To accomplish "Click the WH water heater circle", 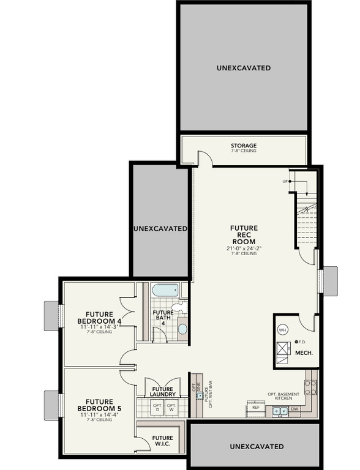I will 282,330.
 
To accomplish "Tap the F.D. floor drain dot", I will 297,341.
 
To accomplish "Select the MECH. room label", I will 304,353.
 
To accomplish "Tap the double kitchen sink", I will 279,410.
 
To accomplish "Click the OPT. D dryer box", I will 157,407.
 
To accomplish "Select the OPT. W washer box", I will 171,407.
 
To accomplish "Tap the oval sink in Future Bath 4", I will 182,329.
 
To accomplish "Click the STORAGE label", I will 244,146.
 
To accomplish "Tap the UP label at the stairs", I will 285,181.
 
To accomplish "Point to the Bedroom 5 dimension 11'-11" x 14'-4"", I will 99,415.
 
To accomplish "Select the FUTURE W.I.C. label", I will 162,441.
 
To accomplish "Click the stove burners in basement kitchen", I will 310,387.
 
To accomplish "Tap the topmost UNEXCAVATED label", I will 244,68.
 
